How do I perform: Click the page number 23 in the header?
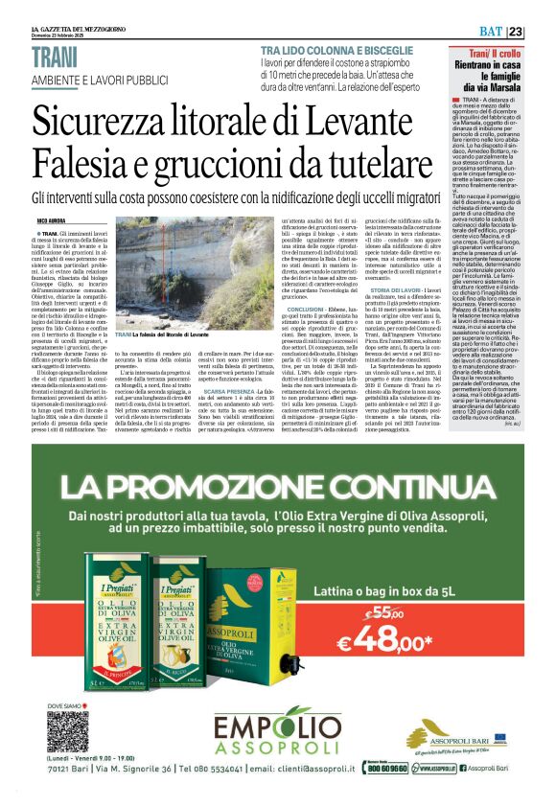pos(542,32)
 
